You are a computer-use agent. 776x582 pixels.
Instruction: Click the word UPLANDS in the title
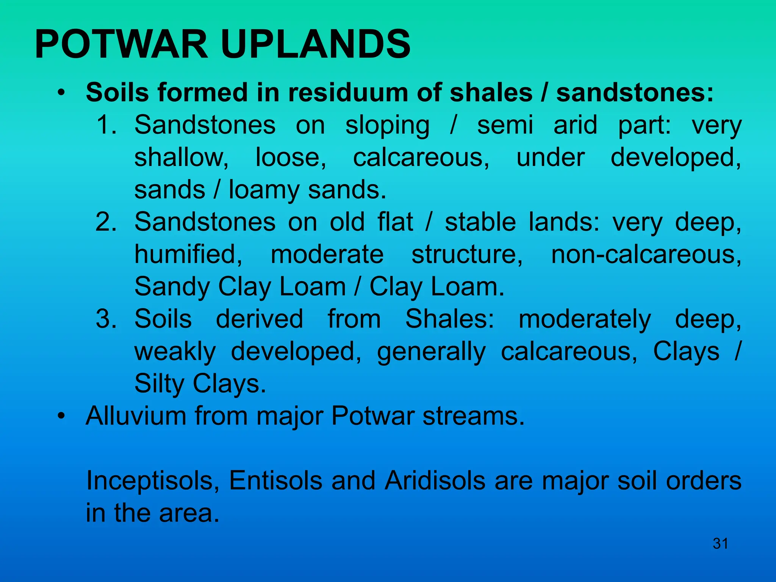[316, 45]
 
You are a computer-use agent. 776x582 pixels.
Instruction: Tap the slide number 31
[720, 544]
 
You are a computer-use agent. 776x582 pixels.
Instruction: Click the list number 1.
[106, 125]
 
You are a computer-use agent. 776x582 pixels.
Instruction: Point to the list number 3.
[106, 319]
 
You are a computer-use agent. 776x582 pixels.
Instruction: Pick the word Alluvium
[136, 416]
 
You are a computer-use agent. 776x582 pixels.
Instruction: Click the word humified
[188, 254]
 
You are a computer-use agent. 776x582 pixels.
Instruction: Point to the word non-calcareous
[646, 254]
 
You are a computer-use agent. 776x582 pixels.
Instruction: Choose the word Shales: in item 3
[450, 319]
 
